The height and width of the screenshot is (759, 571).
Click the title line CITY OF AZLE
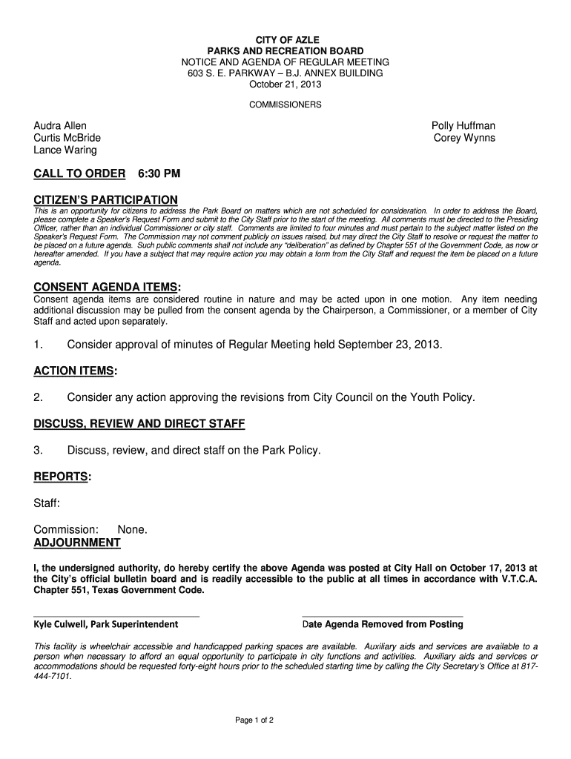click(x=285, y=39)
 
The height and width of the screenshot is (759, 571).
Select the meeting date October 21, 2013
click(x=285, y=86)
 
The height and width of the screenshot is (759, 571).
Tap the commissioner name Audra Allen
click(x=60, y=126)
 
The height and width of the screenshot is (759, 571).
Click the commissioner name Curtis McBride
click(x=67, y=138)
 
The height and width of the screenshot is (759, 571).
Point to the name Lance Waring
click(x=65, y=150)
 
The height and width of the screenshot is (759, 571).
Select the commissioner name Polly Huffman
click(x=463, y=126)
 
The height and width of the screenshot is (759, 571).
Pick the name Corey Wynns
click(x=464, y=138)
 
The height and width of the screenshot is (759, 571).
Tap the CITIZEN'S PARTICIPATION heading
click(x=106, y=200)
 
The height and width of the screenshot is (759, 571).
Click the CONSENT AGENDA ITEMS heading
click(x=106, y=288)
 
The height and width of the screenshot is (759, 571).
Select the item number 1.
click(x=39, y=345)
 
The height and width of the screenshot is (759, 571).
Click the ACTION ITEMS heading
click(x=75, y=371)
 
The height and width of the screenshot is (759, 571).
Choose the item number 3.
click(x=39, y=450)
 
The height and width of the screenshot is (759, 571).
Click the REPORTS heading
click(x=62, y=477)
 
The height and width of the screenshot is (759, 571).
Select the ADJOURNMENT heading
click(x=77, y=543)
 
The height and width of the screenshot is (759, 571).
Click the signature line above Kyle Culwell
click(x=116, y=616)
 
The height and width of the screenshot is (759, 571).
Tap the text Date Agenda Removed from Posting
click(x=383, y=624)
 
